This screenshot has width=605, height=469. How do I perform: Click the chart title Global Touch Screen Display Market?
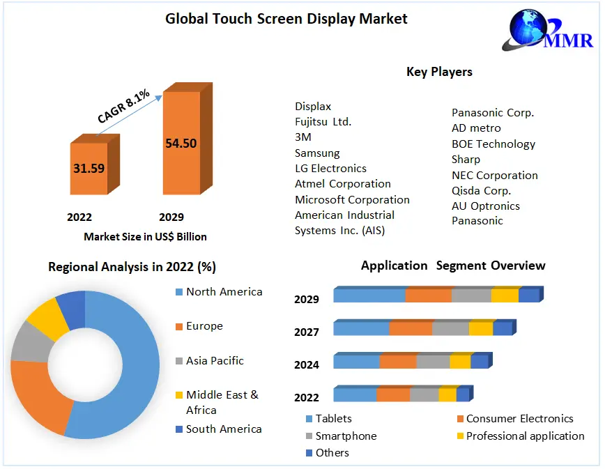(x=286, y=19)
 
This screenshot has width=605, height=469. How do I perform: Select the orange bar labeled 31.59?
(x=89, y=168)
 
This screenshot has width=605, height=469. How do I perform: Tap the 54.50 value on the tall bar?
(x=181, y=144)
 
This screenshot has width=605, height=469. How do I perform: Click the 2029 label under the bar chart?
(x=171, y=217)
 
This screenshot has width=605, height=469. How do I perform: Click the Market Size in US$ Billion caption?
(x=145, y=236)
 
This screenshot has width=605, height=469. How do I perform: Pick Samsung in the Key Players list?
(x=317, y=153)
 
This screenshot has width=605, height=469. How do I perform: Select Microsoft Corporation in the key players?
(x=352, y=199)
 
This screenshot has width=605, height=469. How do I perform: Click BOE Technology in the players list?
(x=493, y=144)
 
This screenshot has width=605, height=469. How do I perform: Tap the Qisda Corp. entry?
(x=481, y=190)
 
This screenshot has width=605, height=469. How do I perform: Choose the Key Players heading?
(x=439, y=72)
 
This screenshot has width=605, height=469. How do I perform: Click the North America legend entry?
(x=224, y=292)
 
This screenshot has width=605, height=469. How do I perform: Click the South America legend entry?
(x=224, y=429)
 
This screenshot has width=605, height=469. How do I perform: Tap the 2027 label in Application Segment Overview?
(x=307, y=332)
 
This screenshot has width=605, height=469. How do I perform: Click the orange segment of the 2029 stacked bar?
(x=428, y=295)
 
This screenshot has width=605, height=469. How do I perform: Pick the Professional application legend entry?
(x=525, y=436)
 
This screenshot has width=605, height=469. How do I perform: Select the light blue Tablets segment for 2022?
(x=355, y=395)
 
